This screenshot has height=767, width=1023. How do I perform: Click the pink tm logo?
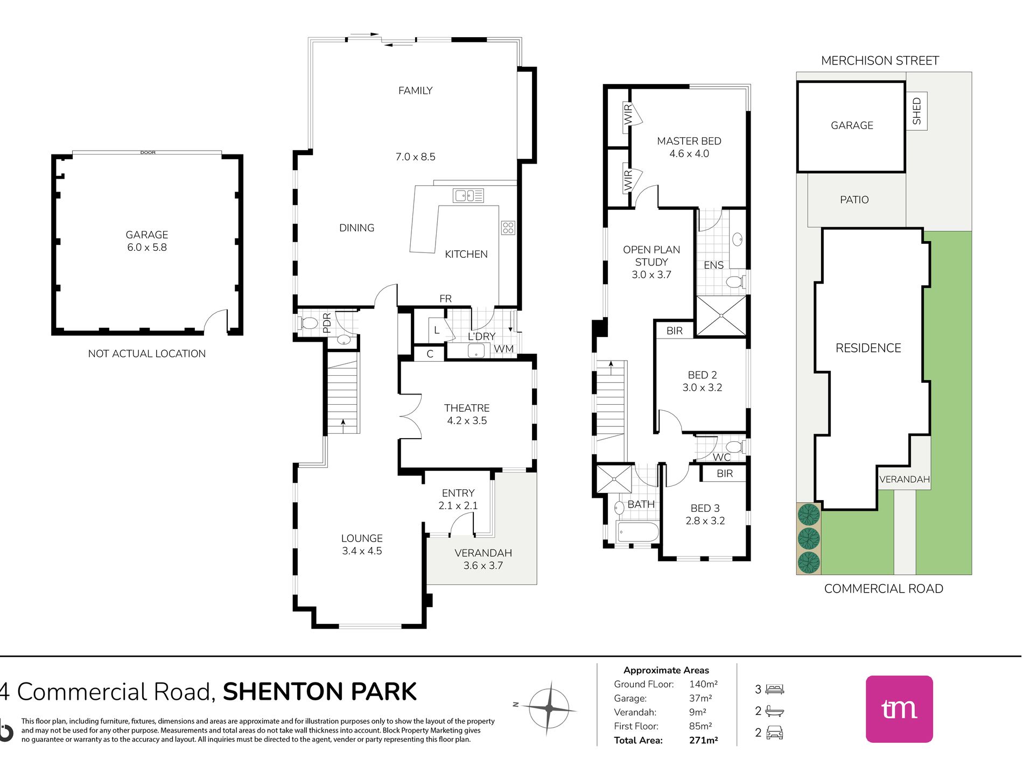coord(899,709)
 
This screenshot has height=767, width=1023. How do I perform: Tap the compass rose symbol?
coord(549,708)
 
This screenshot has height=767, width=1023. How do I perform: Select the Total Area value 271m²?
coord(703,740)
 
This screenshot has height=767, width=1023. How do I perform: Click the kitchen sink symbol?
coord(468,195)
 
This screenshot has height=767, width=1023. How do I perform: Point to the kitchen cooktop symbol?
coord(508,228)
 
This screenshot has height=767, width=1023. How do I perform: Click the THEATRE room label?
coord(467,408)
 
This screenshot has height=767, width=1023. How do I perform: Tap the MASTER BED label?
coord(689,141)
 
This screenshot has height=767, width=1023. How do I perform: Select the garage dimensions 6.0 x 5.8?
coord(147,248)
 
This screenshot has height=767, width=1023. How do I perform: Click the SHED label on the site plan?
coord(917,111)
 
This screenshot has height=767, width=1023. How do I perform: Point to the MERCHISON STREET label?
coord(880,61)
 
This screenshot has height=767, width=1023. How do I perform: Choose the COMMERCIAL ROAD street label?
coord(884,589)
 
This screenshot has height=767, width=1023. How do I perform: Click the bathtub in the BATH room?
coord(638,532)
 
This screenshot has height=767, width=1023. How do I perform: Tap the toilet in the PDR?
coord(307,323)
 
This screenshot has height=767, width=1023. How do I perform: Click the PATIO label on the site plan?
coord(854,200)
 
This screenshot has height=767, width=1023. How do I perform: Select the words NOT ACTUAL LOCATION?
coord(147,354)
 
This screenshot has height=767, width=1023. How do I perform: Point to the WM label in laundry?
coord(503,349)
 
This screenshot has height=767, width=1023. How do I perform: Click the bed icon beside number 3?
coord(775,689)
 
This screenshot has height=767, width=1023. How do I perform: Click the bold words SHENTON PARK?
coord(320,692)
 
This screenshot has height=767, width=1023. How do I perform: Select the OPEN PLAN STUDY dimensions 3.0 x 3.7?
coord(651,275)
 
